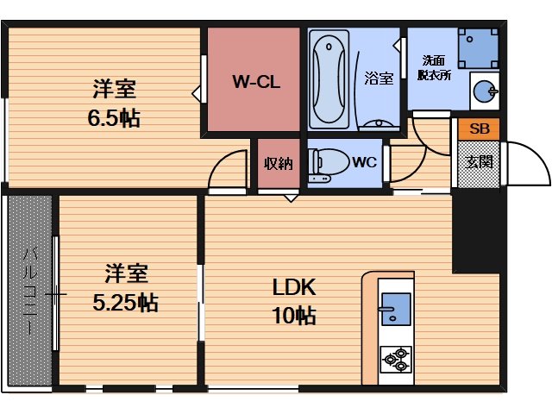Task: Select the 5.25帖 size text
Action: [125, 303]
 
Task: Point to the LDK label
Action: [294, 287]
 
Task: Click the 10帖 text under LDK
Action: [294, 316]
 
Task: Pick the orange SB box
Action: [479, 129]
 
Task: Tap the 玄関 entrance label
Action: [479, 161]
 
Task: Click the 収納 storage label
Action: [277, 162]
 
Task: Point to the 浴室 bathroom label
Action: [379, 78]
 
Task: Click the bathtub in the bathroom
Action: [328, 79]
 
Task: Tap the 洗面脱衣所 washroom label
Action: [436, 67]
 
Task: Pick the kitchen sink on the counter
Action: [396, 309]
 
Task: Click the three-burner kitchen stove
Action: [396, 359]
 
